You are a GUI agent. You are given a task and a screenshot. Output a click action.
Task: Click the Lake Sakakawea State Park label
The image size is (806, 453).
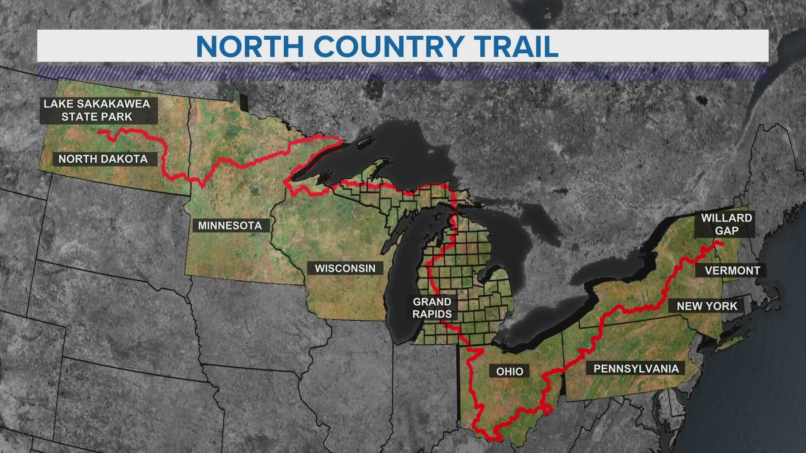point(97,110)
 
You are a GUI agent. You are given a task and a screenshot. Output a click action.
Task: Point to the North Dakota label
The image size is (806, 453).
point(103,159)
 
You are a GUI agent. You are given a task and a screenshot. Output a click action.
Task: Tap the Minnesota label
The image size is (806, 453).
point(230,226)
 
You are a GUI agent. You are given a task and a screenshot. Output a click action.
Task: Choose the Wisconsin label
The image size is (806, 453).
point(345,268)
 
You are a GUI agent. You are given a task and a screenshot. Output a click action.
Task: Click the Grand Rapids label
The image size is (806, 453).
point(432,308)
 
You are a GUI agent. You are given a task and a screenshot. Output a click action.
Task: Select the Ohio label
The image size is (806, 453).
point(510,371)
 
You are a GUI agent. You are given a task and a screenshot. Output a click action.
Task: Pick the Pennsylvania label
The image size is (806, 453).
point(636,369)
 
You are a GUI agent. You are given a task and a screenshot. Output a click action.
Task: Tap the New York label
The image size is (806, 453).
point(707,306)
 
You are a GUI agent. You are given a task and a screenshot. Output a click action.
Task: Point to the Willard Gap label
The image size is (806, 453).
point(726,224)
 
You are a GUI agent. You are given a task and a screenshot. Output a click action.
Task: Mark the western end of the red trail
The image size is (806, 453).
point(99,132)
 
